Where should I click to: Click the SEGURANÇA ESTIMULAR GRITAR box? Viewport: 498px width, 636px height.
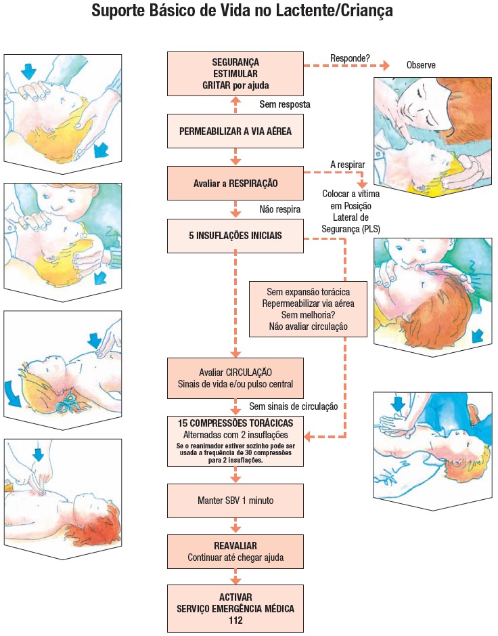pyautogui.click(x=235, y=74)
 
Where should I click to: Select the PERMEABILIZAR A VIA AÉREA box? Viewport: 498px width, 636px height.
pyautogui.click(x=235, y=131)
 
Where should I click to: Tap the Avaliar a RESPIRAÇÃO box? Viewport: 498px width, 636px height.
pyautogui.click(x=235, y=183)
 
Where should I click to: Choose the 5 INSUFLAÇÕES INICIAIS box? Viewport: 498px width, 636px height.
pyautogui.click(x=235, y=236)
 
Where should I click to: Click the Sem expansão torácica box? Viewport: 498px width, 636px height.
pyautogui.click(x=308, y=309)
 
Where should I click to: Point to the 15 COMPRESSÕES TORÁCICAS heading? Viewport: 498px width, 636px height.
pyautogui.click(x=235, y=423)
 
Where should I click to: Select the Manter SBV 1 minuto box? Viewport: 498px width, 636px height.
pyautogui.click(x=235, y=501)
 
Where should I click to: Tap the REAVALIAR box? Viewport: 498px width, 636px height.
pyautogui.click(x=235, y=551)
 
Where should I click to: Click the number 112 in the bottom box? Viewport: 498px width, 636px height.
pyautogui.click(x=235, y=620)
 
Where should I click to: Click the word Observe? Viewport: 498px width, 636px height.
pyautogui.click(x=421, y=66)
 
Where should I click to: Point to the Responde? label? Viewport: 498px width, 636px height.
pyautogui.click(x=350, y=58)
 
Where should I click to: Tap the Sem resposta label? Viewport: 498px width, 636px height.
pyautogui.click(x=285, y=105)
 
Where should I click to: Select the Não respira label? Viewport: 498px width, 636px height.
pyautogui.click(x=279, y=209)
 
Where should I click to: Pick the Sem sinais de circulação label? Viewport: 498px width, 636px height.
pyautogui.click(x=294, y=406)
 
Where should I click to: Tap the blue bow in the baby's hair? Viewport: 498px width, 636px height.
pyautogui.click(x=66, y=406)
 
